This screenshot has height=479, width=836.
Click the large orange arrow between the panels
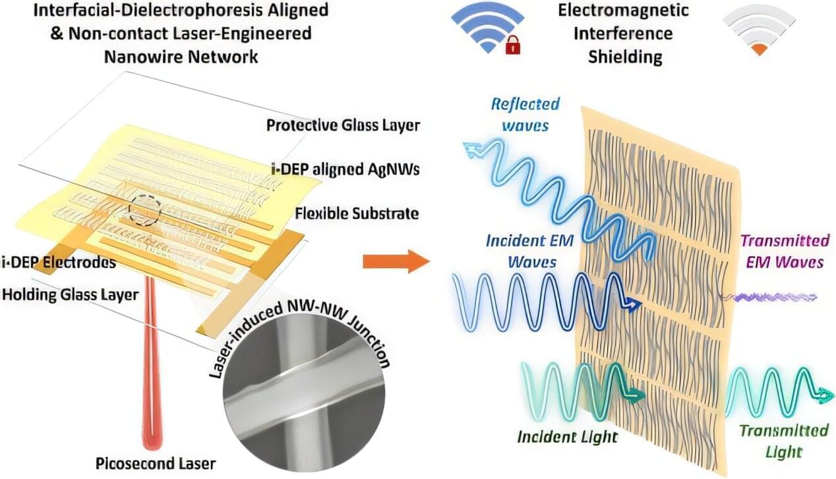(x=396, y=262)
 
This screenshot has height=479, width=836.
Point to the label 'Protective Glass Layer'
(x=343, y=125)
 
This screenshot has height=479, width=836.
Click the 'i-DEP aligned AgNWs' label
(x=345, y=169)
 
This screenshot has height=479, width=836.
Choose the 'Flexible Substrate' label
(x=357, y=213)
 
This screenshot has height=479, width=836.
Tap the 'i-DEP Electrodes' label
(x=59, y=263)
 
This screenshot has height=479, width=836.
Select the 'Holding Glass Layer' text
(x=71, y=295)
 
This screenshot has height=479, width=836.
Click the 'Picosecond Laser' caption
(x=156, y=464)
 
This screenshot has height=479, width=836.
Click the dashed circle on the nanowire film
(x=145, y=210)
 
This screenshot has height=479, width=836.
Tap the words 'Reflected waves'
(x=525, y=115)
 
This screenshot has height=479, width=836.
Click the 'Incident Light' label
(x=567, y=437)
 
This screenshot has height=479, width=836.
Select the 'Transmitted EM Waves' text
(x=785, y=252)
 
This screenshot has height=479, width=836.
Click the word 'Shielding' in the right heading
(x=625, y=57)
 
